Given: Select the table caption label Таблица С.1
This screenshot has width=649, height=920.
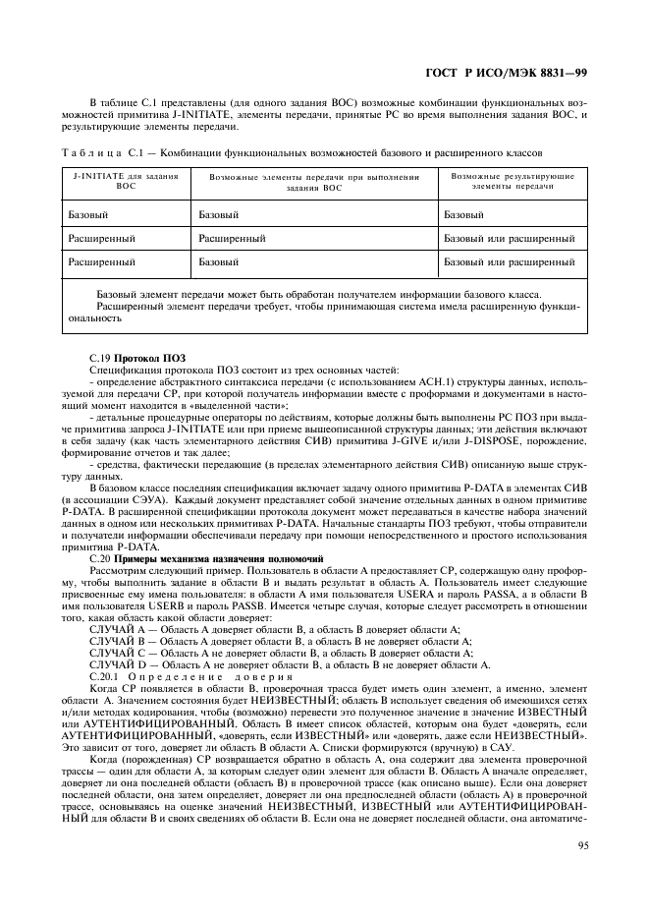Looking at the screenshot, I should [103, 151].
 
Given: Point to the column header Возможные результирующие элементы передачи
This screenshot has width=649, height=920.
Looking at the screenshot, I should [512, 181].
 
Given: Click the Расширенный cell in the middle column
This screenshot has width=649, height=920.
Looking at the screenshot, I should [232, 238].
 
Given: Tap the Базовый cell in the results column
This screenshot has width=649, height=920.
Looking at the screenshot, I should [463, 213].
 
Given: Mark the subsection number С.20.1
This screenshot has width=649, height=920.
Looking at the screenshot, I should [104, 676].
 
